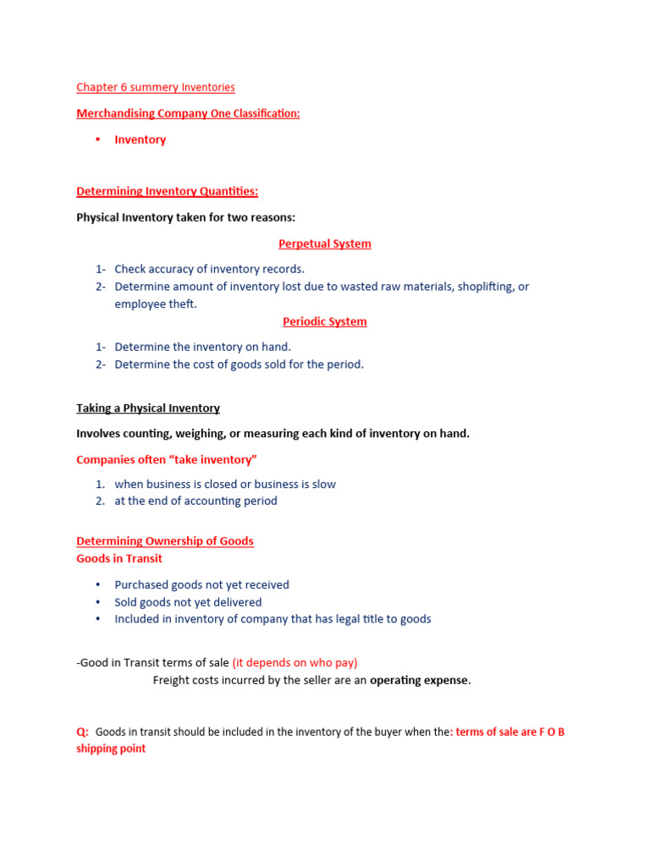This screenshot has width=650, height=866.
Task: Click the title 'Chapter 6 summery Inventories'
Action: pos(156,87)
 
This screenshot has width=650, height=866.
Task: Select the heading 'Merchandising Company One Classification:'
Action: pos(188,113)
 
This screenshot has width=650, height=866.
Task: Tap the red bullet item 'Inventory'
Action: pos(140,140)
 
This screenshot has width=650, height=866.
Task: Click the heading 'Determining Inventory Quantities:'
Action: pos(168,192)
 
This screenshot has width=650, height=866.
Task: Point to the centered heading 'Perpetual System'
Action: pos(325,244)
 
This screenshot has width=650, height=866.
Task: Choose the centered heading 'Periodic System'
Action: pos(325,321)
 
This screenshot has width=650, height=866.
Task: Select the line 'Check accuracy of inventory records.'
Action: pos(209,269)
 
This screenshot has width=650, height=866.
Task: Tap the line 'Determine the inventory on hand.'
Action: pos(202,347)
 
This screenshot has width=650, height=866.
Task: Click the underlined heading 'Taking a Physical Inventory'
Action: pos(148,408)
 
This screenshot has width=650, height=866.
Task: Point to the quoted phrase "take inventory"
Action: pos(213,459)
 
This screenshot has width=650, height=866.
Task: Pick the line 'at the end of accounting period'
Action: pos(196,501)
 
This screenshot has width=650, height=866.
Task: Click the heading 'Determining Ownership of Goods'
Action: pos(165,540)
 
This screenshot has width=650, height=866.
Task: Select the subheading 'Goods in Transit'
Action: pos(119,558)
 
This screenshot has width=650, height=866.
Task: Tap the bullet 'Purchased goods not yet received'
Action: pos(201,584)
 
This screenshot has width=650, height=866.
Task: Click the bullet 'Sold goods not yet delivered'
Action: pos(188,602)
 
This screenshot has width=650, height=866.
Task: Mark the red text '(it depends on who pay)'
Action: pos(295,663)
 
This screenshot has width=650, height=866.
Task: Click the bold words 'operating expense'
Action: pos(418,680)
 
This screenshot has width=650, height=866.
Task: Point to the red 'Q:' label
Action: pos(83,732)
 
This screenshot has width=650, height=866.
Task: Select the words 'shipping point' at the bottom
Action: pos(111,748)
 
